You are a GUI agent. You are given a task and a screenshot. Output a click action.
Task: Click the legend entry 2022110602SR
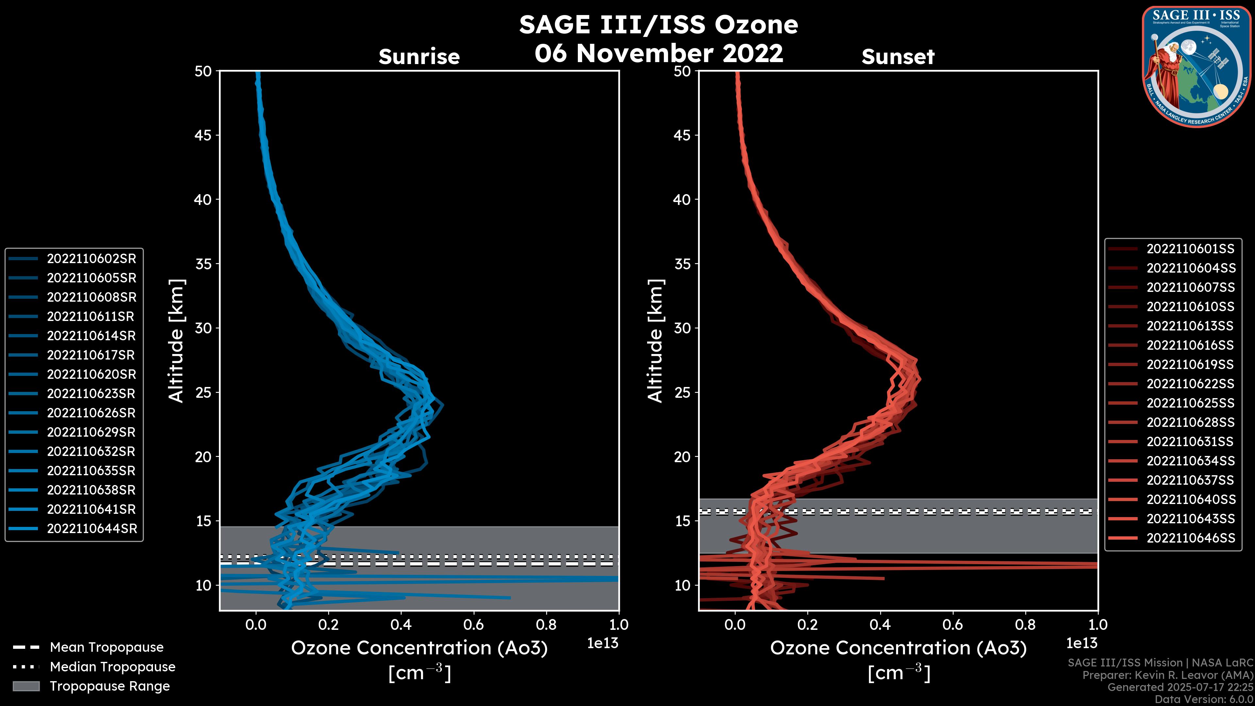point(91,259)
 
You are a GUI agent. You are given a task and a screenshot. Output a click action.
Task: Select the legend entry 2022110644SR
point(92,529)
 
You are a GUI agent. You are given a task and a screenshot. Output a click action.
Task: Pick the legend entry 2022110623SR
point(92,394)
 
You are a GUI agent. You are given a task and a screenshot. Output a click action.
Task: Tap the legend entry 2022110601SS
point(1190,249)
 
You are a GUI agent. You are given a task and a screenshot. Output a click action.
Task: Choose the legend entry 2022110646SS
point(1190,538)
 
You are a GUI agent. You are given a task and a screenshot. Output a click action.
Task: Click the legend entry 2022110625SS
point(1190,403)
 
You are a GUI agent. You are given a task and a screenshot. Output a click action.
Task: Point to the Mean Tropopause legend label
point(107,647)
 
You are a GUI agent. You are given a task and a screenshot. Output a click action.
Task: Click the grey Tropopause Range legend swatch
point(26,686)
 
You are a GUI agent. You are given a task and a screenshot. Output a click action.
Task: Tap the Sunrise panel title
point(419,57)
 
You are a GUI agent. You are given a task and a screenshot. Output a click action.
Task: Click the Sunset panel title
point(898,57)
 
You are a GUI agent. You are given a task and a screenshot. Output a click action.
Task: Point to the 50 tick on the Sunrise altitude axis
point(203,71)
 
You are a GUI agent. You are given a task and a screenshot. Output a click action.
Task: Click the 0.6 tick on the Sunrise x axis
point(474,624)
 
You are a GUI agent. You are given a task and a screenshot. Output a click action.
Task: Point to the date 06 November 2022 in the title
point(659,53)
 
